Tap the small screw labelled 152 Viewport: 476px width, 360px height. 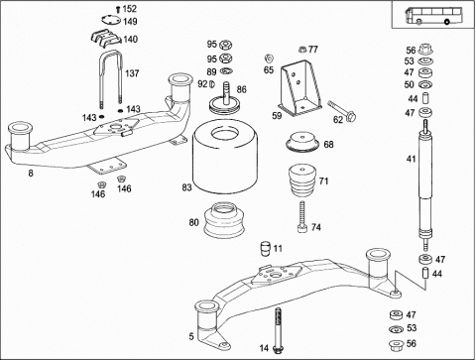tap(117, 9)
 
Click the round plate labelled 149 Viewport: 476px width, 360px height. tap(111, 21)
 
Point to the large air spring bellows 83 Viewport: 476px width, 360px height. tap(225, 156)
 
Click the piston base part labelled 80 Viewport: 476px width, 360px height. tap(224, 220)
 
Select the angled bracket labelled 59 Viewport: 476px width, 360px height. tap(300, 87)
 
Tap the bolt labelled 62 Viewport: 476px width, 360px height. tap(342, 111)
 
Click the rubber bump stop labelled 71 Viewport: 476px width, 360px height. tap(302, 180)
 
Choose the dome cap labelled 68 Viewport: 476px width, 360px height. tap(302, 142)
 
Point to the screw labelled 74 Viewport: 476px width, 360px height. tap(302, 216)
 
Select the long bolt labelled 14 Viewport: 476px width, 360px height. tap(278, 329)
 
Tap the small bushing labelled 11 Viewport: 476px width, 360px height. tap(266, 249)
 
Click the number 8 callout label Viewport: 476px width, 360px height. tap(31, 174)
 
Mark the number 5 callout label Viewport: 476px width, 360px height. tap(191, 336)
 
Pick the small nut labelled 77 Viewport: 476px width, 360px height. tap(301, 50)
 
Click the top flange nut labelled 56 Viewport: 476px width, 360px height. tap(425, 50)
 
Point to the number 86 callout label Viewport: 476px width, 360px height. tap(242, 89)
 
